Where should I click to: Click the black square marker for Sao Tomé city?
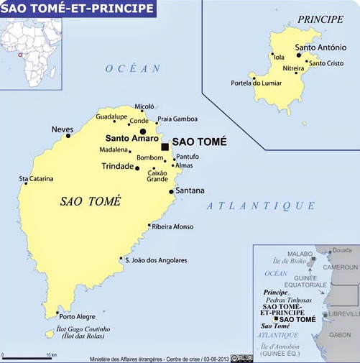point(165,146)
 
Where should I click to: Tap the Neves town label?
point(62,129)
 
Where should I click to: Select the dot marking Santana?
point(171,191)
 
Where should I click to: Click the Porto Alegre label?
point(77,317)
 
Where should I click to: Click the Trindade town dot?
point(137,168)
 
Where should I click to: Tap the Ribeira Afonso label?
point(172,226)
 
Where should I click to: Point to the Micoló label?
point(144,106)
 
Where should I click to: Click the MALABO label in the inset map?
point(300,254)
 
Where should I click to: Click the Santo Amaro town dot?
point(142,132)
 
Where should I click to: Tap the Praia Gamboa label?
point(177,119)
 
